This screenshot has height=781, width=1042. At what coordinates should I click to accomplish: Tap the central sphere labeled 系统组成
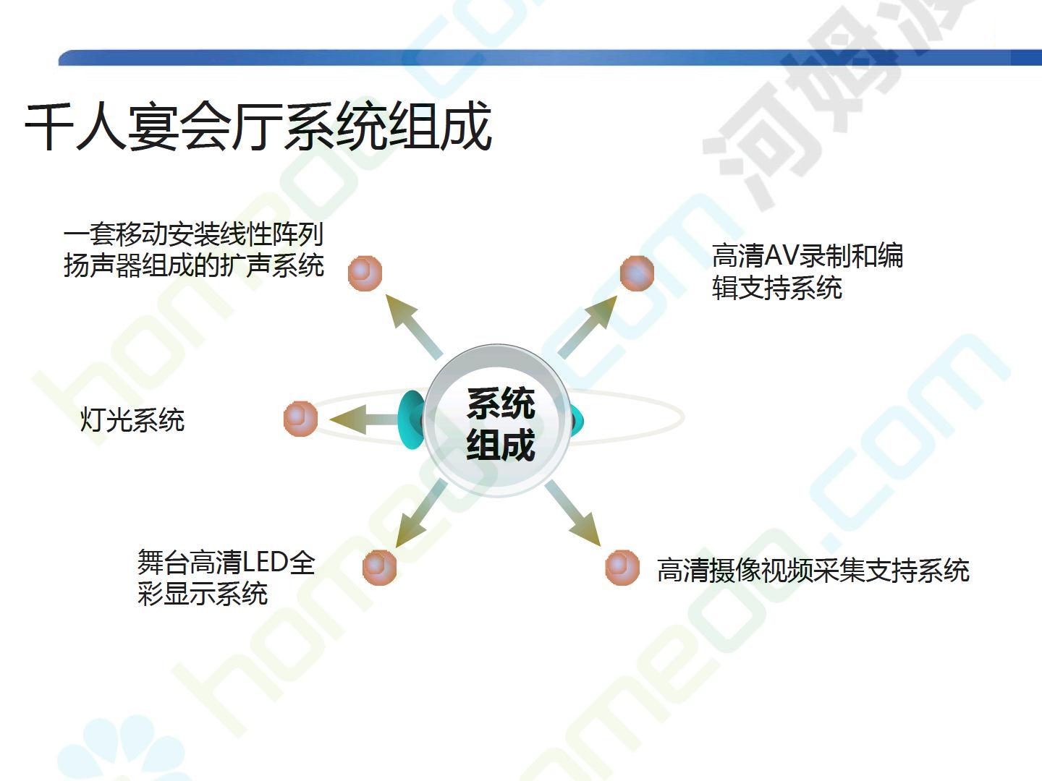pos(498,421)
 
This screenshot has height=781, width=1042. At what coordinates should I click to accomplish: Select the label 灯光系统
pos(132,419)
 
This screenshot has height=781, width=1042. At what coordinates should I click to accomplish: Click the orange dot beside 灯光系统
pos(300,418)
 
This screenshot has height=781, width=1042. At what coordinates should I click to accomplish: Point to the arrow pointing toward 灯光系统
pos(366,419)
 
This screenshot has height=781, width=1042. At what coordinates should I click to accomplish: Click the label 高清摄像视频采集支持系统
pos(813,570)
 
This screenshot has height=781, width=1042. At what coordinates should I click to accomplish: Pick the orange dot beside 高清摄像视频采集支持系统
pos(622,567)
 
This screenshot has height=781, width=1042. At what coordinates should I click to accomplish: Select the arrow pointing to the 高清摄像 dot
pos(573,513)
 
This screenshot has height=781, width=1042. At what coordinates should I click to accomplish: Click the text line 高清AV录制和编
pos(808,255)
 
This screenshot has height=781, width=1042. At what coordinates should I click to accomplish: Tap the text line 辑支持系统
pos(776,287)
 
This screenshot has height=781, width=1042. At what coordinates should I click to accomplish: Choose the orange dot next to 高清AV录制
pos(637,273)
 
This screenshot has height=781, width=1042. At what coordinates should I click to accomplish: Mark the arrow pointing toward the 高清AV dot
pos(588,327)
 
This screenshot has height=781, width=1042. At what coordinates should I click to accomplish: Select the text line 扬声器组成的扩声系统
pos(194,265)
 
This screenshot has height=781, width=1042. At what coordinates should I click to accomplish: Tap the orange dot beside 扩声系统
pos(365,273)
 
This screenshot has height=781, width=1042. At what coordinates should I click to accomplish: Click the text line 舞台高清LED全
pos(226,562)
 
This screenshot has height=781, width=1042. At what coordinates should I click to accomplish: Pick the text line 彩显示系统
pos(203,593)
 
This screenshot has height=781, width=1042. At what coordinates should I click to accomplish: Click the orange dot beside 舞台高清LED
pos(379,567)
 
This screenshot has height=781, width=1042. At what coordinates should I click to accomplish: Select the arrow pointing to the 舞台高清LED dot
pos(421,513)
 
